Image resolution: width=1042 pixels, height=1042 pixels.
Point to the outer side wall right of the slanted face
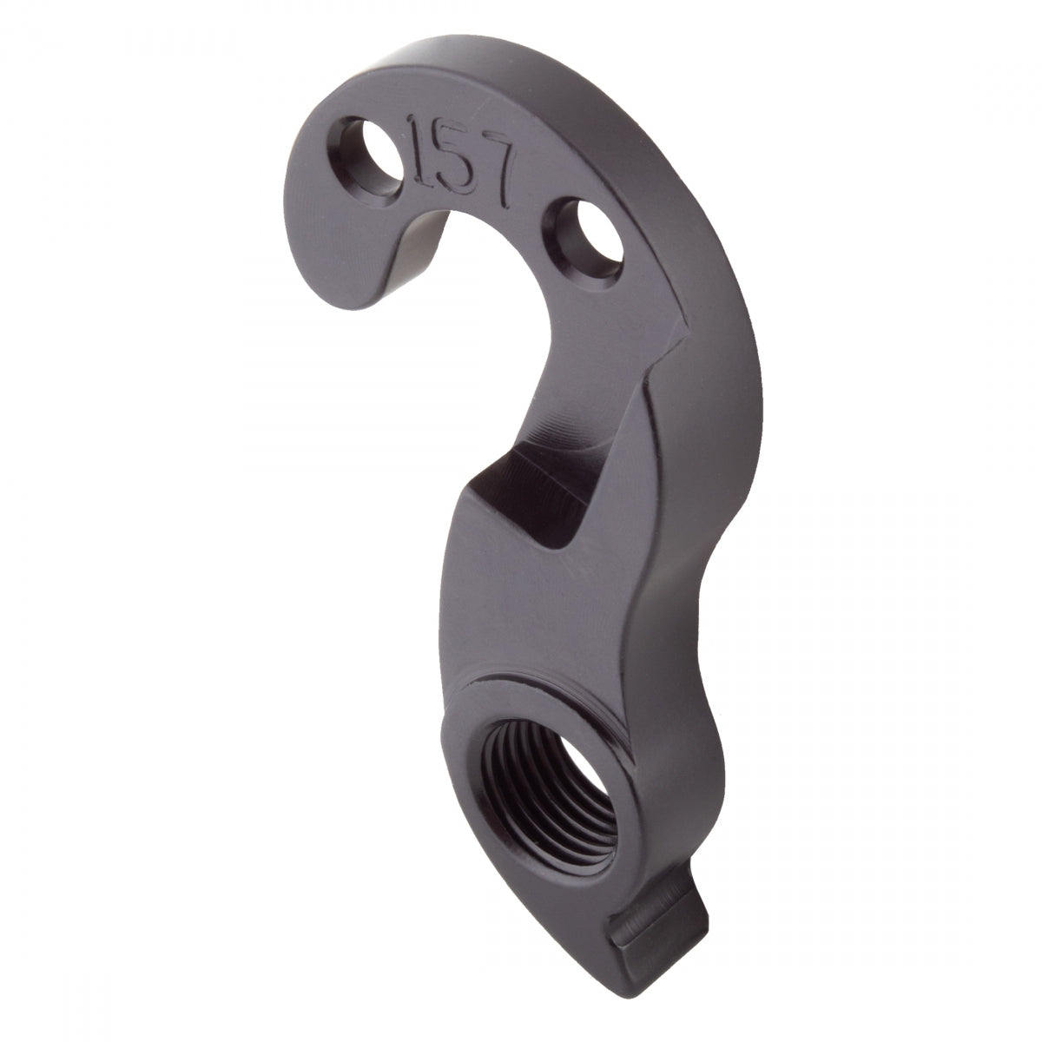[712, 434]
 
